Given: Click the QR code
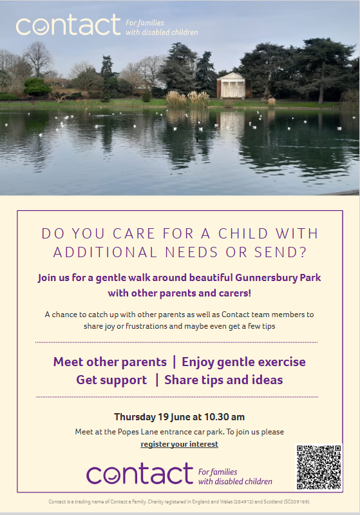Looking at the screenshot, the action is pos(319,467).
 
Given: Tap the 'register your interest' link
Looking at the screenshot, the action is pos(180,444).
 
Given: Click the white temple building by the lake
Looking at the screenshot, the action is pos(231,86).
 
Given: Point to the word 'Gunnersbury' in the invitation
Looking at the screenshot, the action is pos(266,278).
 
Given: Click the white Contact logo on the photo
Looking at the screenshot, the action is pos(68,24).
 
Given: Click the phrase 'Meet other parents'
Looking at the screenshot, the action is pos(110,362).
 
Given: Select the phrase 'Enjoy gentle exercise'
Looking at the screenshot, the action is pos(244,362).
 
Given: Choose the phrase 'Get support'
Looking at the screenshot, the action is pos(111,380).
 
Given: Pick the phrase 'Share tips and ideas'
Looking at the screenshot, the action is pos(223,380).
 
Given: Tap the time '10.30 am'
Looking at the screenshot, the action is pos(225,417).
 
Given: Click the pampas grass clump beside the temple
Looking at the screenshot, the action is pos(187,100).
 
